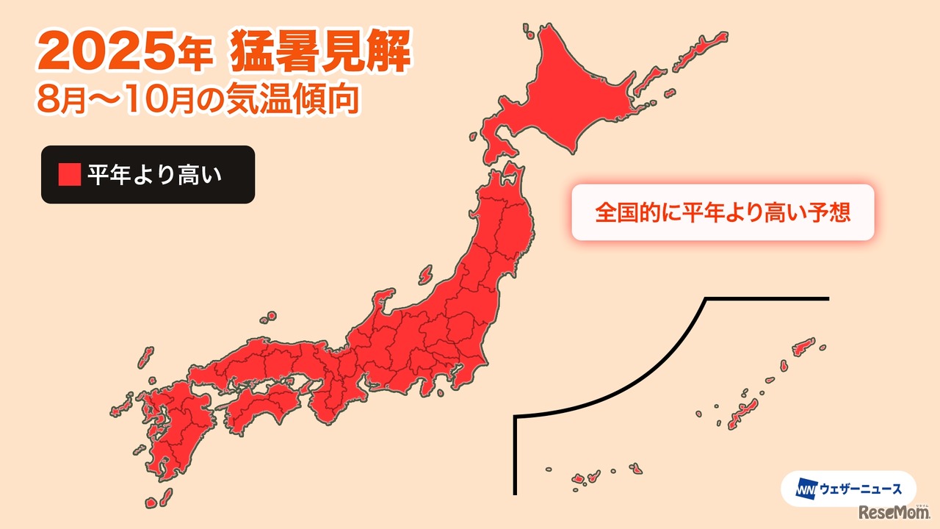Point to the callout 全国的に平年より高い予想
[723, 212]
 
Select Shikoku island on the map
[268, 400]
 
